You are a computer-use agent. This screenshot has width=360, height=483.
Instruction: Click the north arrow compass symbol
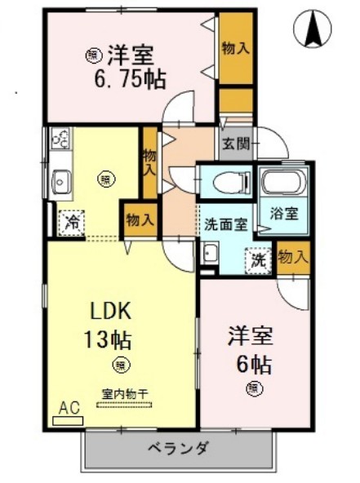tap(313, 29)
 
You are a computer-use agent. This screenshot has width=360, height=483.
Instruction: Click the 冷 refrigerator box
tap(72, 220)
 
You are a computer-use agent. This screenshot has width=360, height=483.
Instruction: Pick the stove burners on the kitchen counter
tap(61, 141)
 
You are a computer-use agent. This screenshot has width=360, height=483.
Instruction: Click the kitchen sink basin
tap(60, 181)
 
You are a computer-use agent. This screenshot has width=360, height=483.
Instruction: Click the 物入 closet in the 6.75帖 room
tap(235, 48)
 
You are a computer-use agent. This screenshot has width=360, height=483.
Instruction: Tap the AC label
tap(69, 408)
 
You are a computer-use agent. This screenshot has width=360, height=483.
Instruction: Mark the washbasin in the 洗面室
tap(208, 255)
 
